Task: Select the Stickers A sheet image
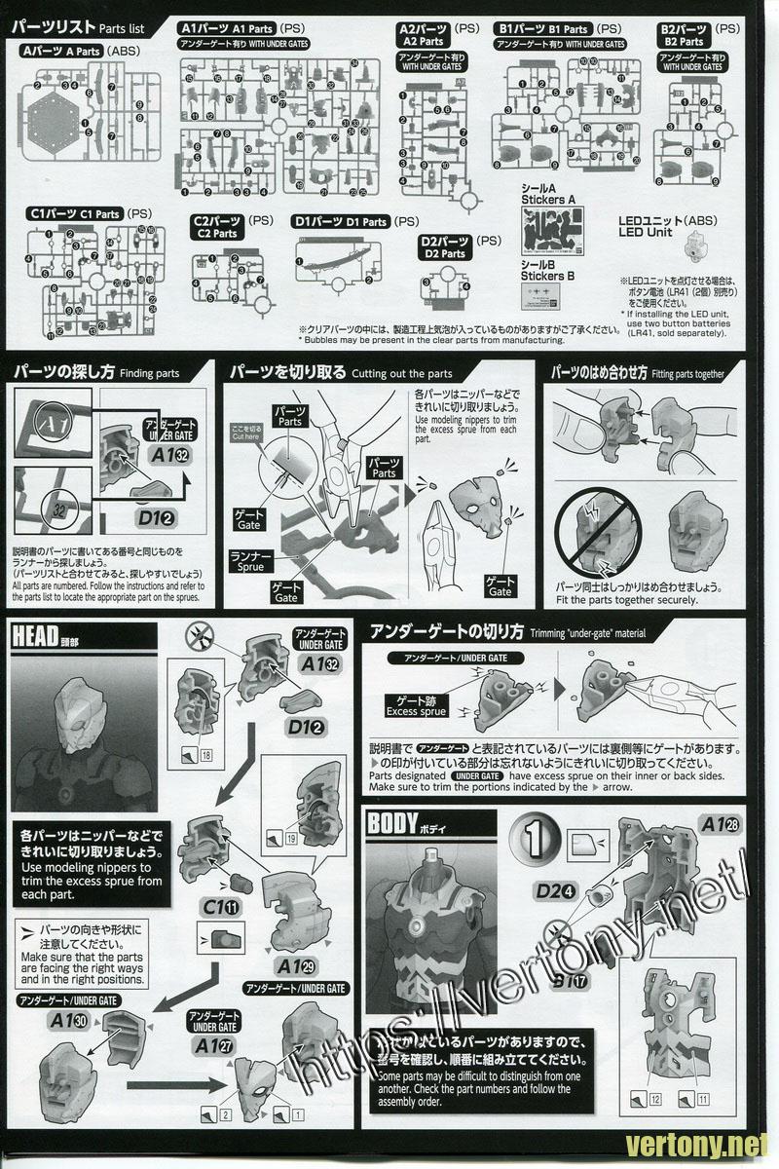pos(551,233)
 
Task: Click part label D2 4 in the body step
pos(552,889)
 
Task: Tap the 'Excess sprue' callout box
pos(416,705)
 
